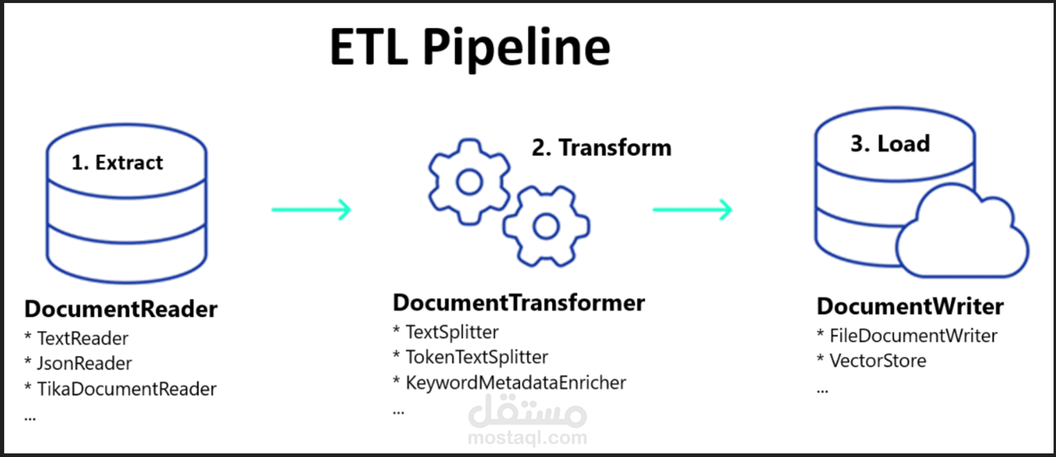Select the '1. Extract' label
tap(117, 163)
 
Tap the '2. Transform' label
tap(601, 148)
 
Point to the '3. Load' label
tap(890, 144)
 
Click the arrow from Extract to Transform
tap(312, 209)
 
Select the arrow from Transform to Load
tap(692, 209)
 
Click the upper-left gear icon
tap(469, 181)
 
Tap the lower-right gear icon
tap(546, 226)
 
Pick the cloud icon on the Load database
tap(962, 231)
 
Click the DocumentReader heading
tap(121, 309)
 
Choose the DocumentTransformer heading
tap(519, 303)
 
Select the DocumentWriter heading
tap(910, 306)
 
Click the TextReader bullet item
tap(76, 338)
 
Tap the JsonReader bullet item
tap(78, 363)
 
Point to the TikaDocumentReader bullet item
tap(121, 389)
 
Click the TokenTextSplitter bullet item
tap(471, 357)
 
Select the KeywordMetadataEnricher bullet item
tap(510, 383)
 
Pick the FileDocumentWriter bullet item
tap(907, 336)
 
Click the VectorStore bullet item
tap(872, 361)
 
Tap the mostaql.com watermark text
tap(527, 438)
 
